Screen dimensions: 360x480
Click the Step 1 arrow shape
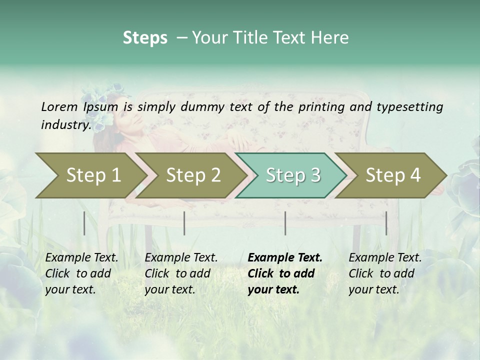tap(90, 175)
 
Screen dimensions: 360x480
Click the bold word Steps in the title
tap(145, 38)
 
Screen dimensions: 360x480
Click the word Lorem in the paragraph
tap(59, 106)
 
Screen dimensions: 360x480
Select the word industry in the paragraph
tap(65, 124)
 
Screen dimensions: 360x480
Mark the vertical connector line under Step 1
tap(84, 223)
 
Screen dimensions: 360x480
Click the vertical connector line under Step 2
tap(184, 223)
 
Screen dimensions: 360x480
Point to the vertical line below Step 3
tap(285, 223)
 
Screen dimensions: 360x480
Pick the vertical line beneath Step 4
tap(386, 223)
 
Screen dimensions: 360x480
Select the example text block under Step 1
tap(81, 273)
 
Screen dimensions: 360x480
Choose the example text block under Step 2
tap(181, 273)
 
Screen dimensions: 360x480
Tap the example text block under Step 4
tap(385, 273)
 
